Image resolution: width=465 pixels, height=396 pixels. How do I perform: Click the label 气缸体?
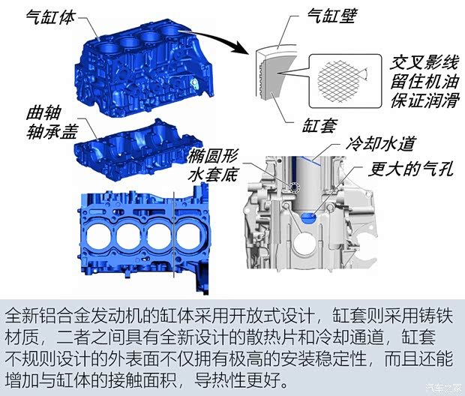coord(50,18)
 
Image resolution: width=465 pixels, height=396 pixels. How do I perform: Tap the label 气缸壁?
coord(331,16)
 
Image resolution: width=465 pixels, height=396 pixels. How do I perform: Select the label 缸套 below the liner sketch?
coord(319,125)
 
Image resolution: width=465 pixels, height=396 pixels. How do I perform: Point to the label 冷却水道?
coord(380,145)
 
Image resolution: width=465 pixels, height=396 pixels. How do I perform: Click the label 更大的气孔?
coord(411,169)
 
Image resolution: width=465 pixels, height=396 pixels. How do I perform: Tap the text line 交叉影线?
coord(424,62)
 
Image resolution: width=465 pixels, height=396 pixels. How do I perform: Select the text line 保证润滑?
coord(424,100)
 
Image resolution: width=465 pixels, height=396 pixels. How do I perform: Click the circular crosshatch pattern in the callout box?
coord(339,80)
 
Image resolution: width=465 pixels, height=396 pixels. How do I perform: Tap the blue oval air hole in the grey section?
coord(309,217)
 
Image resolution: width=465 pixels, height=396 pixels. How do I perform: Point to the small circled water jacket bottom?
coord(295,187)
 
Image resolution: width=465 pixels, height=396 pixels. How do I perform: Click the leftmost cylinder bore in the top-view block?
coord(99,236)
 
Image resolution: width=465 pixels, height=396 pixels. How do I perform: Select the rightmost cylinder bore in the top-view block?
coord(190,236)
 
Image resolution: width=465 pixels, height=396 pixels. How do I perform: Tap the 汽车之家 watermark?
coord(443,388)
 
